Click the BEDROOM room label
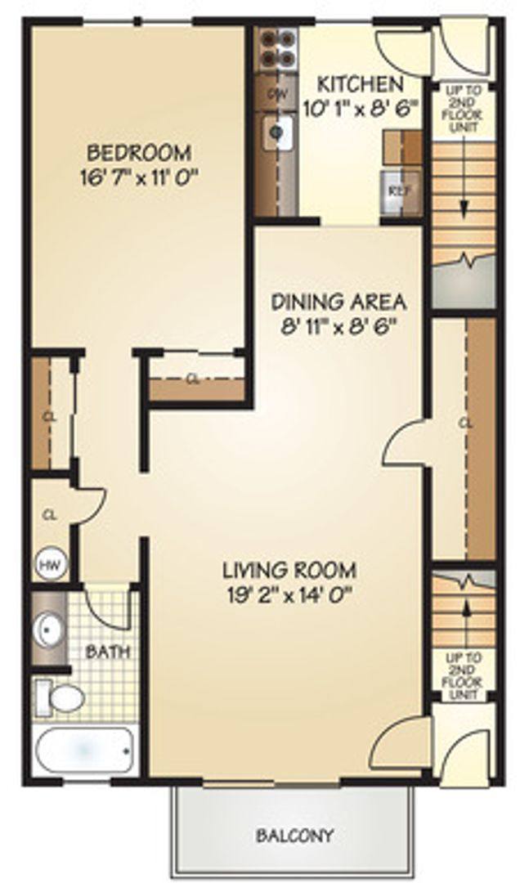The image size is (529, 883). click(139, 152)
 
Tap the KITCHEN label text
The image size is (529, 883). click(360, 83)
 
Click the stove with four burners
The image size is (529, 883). click(274, 48)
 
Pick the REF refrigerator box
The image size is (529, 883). click(398, 190)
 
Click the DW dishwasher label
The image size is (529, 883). click(276, 92)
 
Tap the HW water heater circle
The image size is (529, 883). click(49, 564)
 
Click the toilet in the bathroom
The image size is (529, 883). click(60, 697)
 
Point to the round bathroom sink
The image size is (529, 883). click(48, 629)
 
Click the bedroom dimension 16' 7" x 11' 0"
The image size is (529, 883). click(140, 177)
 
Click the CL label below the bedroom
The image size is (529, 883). click(193, 379)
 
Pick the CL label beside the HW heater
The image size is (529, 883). click(49, 515)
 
